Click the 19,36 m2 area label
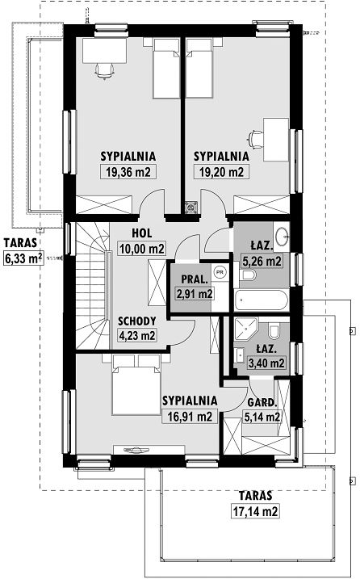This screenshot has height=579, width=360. point(128,172)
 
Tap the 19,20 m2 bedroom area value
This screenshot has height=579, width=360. point(221,172)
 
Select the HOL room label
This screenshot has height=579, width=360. point(142,233)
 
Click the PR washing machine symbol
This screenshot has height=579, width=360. point(220,272)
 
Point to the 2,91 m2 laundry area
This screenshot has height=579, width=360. point(195,294)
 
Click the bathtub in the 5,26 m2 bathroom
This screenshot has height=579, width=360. point(262,300)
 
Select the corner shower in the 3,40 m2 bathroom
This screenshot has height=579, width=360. point(246,329)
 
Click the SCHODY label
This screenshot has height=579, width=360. point(137,321)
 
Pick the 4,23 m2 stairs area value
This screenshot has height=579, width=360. point(136,335)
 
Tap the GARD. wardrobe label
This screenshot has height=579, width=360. point(262,402)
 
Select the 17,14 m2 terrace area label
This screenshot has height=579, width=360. point(255,511)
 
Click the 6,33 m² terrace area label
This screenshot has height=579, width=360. point(23,258)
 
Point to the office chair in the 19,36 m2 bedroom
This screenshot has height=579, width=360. point(104,70)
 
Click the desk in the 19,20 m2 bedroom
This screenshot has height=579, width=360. point(276,140)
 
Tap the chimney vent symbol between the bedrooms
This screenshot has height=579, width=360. point(191,208)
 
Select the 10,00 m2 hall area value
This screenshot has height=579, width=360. point(142,249)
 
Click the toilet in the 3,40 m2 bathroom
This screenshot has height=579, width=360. point(274,331)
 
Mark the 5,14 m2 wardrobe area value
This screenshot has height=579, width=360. point(262,417)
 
